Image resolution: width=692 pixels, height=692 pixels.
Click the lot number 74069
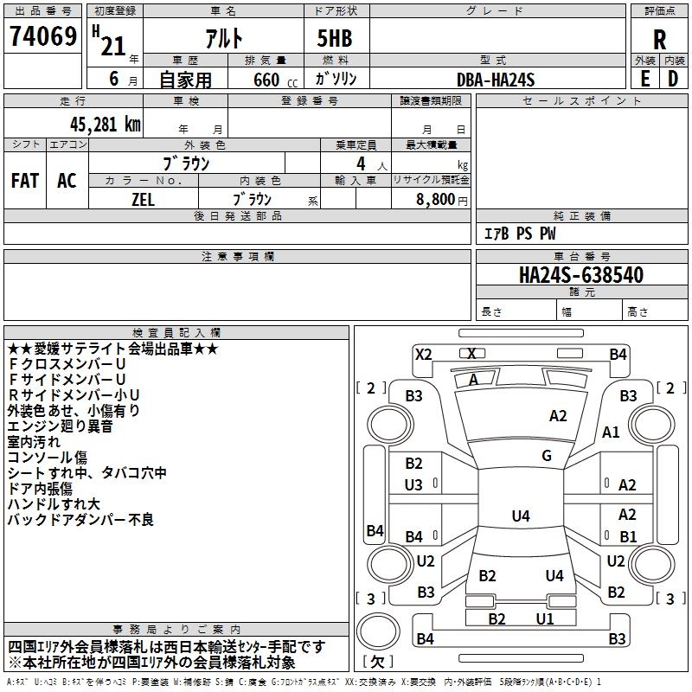coord(42,35)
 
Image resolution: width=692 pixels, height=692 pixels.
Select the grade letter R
coord(659,40)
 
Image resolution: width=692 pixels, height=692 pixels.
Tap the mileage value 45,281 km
coord(105,125)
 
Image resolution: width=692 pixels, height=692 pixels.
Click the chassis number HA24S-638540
coord(580,275)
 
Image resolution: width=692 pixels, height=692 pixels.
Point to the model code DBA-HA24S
coord(495,80)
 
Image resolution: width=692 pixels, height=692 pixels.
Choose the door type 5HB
coord(335,38)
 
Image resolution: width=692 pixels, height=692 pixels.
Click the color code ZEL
coord(143,200)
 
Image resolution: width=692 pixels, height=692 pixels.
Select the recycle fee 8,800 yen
coord(442,200)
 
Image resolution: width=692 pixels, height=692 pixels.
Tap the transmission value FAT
coord(25,180)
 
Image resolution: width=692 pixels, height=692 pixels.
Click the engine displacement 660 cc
coord(275,80)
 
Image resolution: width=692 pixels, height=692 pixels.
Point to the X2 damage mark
coord(423,355)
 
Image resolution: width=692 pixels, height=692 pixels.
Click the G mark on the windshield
coord(547,456)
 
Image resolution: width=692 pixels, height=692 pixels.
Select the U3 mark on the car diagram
coord(413,485)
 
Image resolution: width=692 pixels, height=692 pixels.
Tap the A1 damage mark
coord(611,432)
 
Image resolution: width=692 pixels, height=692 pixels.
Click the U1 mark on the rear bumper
coord(545,618)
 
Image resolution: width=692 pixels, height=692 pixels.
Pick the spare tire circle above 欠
coord(378,631)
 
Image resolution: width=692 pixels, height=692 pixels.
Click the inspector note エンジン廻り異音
coord(60,426)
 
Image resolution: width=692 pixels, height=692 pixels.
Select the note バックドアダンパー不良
coord(80,520)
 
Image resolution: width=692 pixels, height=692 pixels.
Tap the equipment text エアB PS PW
coord(520,234)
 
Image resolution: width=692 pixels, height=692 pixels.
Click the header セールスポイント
coord(581,101)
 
